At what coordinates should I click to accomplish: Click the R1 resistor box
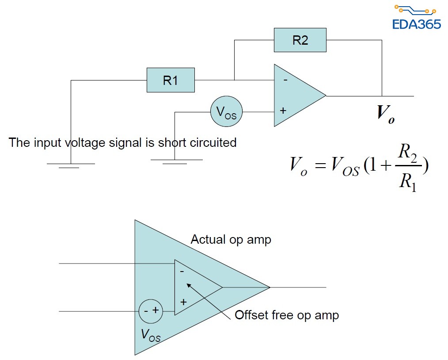point(171,80)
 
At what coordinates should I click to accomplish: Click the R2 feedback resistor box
point(300,40)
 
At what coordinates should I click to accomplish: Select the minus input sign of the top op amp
point(285,80)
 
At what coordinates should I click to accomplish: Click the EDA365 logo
point(416,18)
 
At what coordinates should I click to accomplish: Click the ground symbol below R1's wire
point(71,165)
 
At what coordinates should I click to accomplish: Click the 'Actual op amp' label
point(231,240)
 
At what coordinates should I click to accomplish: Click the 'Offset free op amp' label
point(287,315)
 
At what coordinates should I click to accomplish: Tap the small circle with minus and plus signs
point(151,311)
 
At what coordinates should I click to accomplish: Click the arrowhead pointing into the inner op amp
point(187,283)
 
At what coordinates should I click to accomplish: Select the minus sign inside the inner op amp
point(182,271)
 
